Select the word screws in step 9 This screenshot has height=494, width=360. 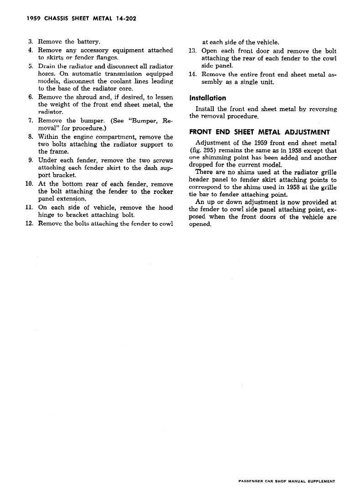161,160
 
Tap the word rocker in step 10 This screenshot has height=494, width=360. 162,192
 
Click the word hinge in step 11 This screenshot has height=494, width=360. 47,215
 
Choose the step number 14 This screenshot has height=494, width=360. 192,74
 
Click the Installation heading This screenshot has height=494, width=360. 208,98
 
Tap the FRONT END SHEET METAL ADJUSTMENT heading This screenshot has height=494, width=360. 259,132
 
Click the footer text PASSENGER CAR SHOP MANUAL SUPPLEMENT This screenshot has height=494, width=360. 287,481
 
